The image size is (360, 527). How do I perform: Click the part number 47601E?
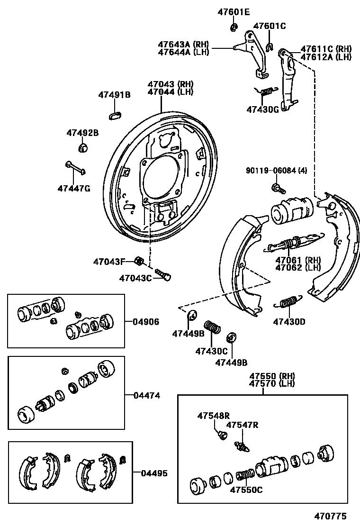coord(233,12)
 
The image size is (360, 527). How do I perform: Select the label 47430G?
coord(262,109)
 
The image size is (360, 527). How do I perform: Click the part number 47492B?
coord(82,133)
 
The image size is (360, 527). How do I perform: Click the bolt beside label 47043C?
coord(163,274)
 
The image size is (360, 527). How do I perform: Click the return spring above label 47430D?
coord(288,302)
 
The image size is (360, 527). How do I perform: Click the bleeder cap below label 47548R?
coord(220,434)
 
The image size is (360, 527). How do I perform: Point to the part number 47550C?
coord(246,490)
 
